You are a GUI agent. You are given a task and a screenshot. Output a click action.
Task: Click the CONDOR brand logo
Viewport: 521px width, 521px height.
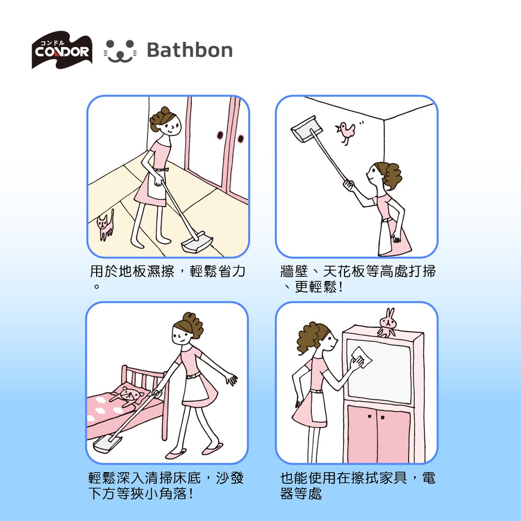click(62, 50)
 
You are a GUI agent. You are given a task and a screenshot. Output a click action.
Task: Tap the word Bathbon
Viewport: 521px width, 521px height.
click(190, 50)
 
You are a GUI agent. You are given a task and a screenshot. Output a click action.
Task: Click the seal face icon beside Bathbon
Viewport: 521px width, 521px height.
click(120, 51)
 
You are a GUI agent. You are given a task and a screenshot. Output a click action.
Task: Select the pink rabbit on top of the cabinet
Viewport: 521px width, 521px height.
click(387, 322)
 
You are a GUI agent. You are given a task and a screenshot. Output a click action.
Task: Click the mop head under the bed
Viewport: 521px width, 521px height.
click(107, 443)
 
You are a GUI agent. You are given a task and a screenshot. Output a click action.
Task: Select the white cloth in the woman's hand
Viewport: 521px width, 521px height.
click(362, 358)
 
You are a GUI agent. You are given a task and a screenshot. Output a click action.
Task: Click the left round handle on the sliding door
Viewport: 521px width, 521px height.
click(220, 135)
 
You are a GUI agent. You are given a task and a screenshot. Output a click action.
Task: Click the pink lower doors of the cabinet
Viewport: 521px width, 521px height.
click(379, 433)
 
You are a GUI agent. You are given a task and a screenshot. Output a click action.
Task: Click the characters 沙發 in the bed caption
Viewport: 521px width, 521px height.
click(230, 478)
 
